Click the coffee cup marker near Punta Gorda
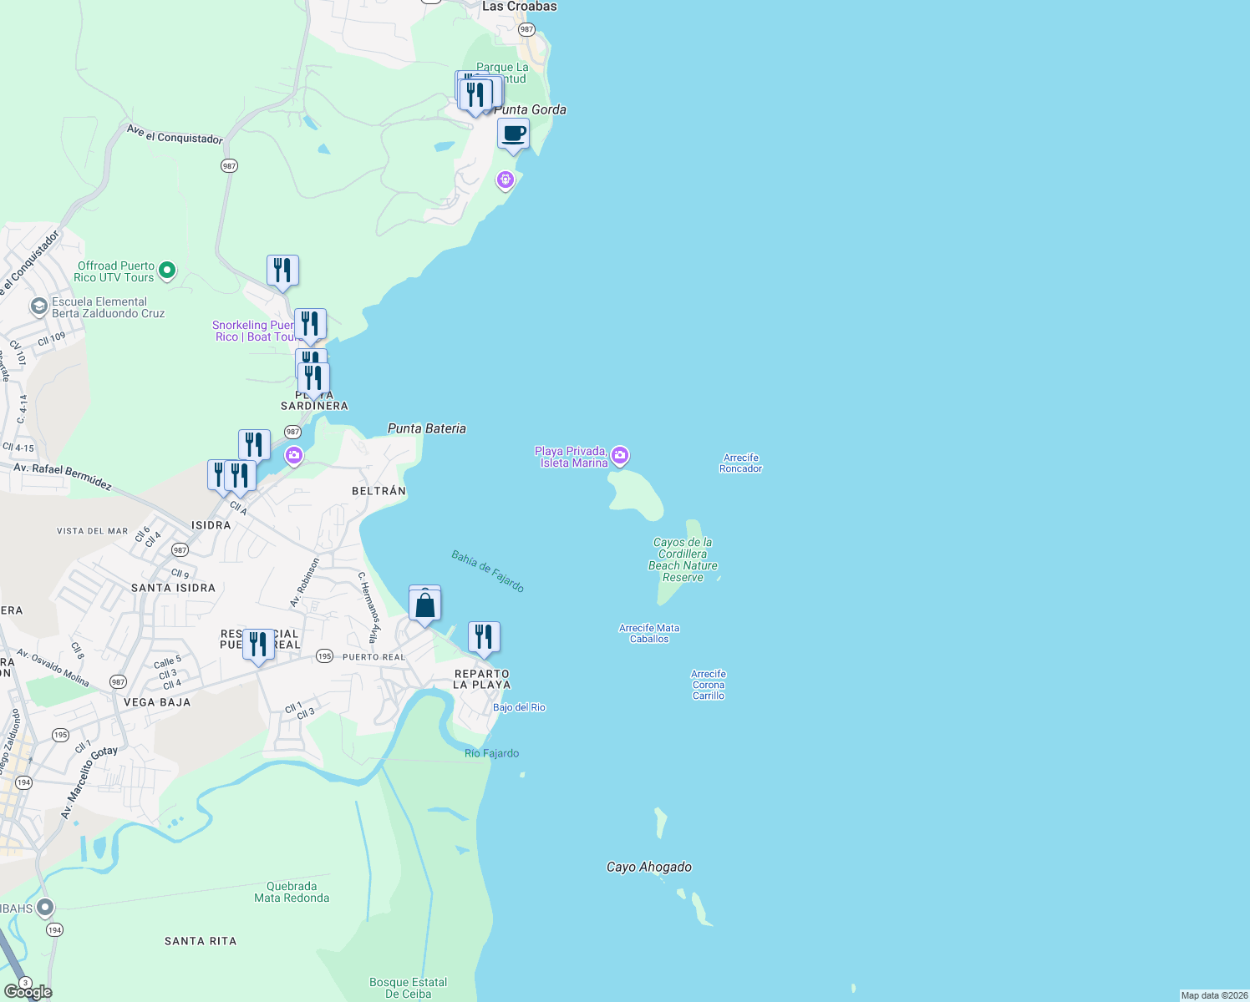513,134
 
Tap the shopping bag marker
424,605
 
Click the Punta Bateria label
427,428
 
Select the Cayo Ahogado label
649,867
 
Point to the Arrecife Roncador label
741,463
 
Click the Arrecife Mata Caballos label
649,634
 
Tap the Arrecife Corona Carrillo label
709,685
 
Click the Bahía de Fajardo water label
488,571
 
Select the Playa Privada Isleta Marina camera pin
620,455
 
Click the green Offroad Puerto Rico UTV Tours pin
167,270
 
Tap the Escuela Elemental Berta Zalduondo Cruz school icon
38,306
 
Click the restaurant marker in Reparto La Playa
484,638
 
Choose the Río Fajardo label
492,753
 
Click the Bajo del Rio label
519,707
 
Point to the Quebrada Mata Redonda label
292,892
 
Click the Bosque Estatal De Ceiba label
409,988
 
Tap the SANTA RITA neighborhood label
201,941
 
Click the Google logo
28,992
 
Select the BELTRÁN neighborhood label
379,491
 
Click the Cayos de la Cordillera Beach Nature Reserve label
683,559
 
